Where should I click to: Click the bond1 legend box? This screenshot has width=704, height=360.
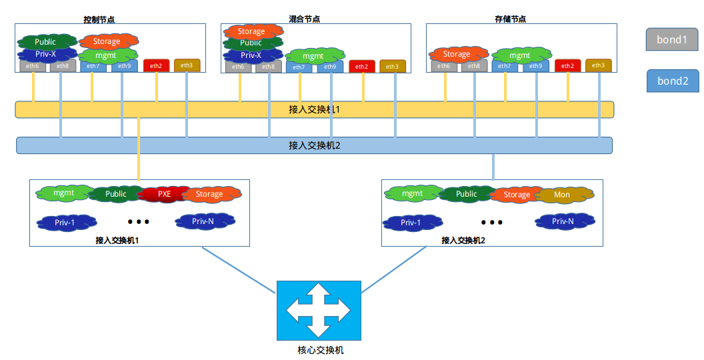[672, 40]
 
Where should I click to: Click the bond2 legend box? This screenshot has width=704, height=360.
[672, 81]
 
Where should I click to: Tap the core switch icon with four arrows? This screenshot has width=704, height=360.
[319, 311]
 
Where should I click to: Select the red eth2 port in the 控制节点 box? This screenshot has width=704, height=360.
[157, 65]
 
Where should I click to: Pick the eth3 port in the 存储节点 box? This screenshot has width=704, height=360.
[598, 65]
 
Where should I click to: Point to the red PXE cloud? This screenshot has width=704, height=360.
[164, 194]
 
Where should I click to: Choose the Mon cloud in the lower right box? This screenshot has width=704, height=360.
[562, 195]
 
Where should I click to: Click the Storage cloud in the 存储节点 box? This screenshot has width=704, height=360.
[457, 54]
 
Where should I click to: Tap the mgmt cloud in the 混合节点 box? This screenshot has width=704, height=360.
[313, 56]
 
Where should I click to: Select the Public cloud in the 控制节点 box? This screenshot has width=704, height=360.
[45, 41]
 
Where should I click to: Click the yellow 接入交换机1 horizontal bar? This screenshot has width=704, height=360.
[314, 109]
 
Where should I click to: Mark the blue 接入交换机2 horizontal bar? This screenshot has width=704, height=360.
[314, 145]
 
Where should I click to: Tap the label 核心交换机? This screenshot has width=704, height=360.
[320, 350]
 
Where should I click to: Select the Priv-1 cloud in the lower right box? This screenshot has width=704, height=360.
[411, 223]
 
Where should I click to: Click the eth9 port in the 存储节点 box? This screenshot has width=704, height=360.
[536, 66]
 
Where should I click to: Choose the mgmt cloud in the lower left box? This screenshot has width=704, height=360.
[64, 193]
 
